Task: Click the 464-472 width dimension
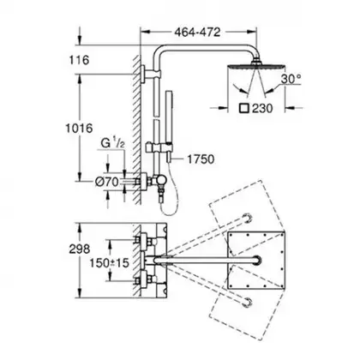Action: (197, 32)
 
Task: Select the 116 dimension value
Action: (79, 60)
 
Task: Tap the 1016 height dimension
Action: (79, 128)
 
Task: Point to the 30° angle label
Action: (291, 79)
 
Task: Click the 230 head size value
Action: (262, 109)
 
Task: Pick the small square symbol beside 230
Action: (244, 109)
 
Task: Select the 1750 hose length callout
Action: (201, 159)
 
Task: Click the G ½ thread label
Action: (113, 142)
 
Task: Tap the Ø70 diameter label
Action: (106, 182)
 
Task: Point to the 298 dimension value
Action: (79, 249)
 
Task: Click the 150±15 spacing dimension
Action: (110, 263)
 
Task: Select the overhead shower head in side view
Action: (256, 65)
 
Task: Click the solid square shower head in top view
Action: (256, 260)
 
